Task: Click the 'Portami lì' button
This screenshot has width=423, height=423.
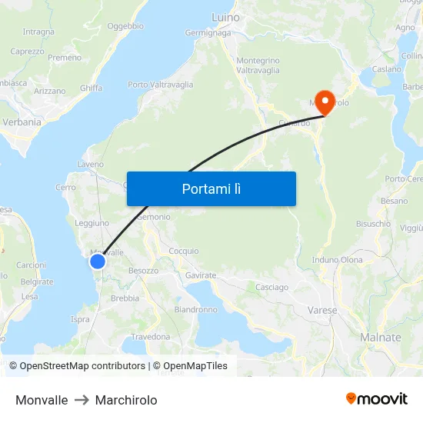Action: coord(211,188)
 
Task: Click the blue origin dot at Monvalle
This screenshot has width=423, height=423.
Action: coord(98,261)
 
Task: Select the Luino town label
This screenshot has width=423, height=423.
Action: coord(225,17)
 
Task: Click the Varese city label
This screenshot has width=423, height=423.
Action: coord(323,311)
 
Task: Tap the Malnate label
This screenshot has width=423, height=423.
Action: coord(381,337)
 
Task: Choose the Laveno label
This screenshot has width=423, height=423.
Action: coord(91,165)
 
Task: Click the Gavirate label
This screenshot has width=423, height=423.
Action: coord(201,275)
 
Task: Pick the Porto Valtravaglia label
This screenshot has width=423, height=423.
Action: coord(160,85)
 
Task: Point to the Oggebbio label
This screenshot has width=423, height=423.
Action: coord(125,26)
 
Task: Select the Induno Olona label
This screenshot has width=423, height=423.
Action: coord(337,260)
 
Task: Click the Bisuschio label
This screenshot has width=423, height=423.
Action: coord(373,224)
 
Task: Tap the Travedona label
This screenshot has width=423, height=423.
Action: coord(151,337)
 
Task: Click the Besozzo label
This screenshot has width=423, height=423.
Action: coord(144,271)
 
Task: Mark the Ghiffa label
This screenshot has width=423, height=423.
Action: coord(91,88)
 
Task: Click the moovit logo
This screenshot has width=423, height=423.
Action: coord(376,399)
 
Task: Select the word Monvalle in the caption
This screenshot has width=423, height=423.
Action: coord(42,400)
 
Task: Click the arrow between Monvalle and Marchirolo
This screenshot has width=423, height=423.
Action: coord(82,400)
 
